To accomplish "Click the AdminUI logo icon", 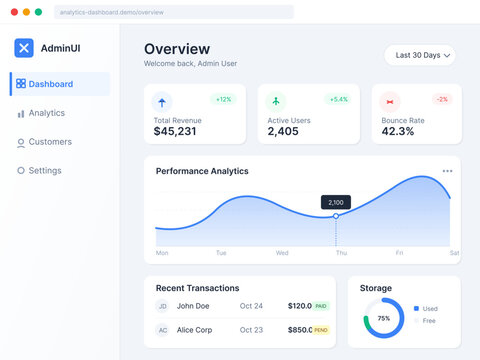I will point(24,48).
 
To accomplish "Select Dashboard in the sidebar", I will point(50,84).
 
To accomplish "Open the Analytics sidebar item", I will point(46,113).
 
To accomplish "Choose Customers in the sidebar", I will point(49,142).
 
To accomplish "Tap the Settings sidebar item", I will point(44,171).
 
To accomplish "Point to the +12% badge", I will point(223,99).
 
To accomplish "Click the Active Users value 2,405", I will point(283,131).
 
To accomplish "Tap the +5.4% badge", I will point(339,99).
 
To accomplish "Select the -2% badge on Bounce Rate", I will point(442,99).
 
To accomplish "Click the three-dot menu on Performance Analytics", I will point(447,171).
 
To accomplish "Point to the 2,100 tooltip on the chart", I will point(336,202).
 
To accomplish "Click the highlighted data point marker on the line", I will point(336,216).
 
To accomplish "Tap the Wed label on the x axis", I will point(282,253).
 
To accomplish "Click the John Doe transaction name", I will point(193,306).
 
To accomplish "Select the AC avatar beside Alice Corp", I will point(162,330).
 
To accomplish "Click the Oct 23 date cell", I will point(251,330).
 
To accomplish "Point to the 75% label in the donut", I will point(383,318).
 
